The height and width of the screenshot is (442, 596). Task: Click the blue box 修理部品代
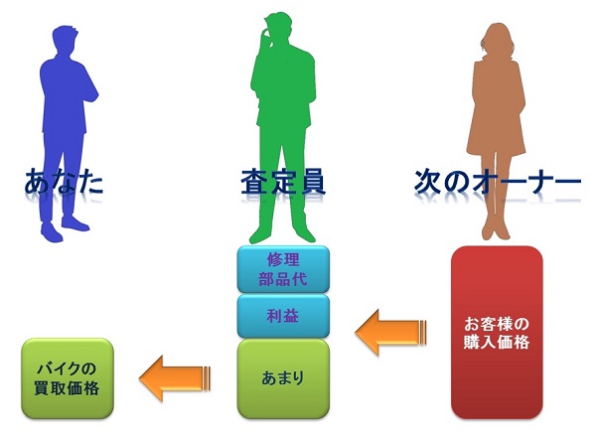tap(282, 268)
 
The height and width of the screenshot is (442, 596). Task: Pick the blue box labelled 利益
tap(282, 316)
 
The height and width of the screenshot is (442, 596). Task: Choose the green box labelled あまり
tap(282, 377)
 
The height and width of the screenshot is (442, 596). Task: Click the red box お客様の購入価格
tap(497, 333)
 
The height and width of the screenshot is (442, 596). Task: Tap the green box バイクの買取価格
tap(69, 376)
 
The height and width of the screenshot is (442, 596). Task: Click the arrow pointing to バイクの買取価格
tap(173, 376)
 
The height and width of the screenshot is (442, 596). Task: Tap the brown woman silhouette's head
tap(498, 40)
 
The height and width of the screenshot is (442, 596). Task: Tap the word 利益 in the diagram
tap(282, 316)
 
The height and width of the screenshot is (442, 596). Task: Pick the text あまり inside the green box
tap(282, 377)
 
